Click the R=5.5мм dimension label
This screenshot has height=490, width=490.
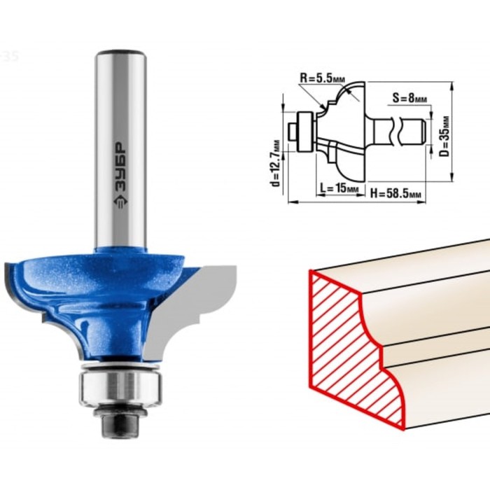pos(322,78)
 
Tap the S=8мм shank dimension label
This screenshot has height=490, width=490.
pos(410,99)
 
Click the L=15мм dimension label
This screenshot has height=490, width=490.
pos(339,188)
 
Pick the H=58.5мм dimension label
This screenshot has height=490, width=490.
pos(395,194)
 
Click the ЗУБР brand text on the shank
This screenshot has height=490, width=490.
pos(120,167)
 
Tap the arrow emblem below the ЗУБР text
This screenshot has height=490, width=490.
pos(120,204)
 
